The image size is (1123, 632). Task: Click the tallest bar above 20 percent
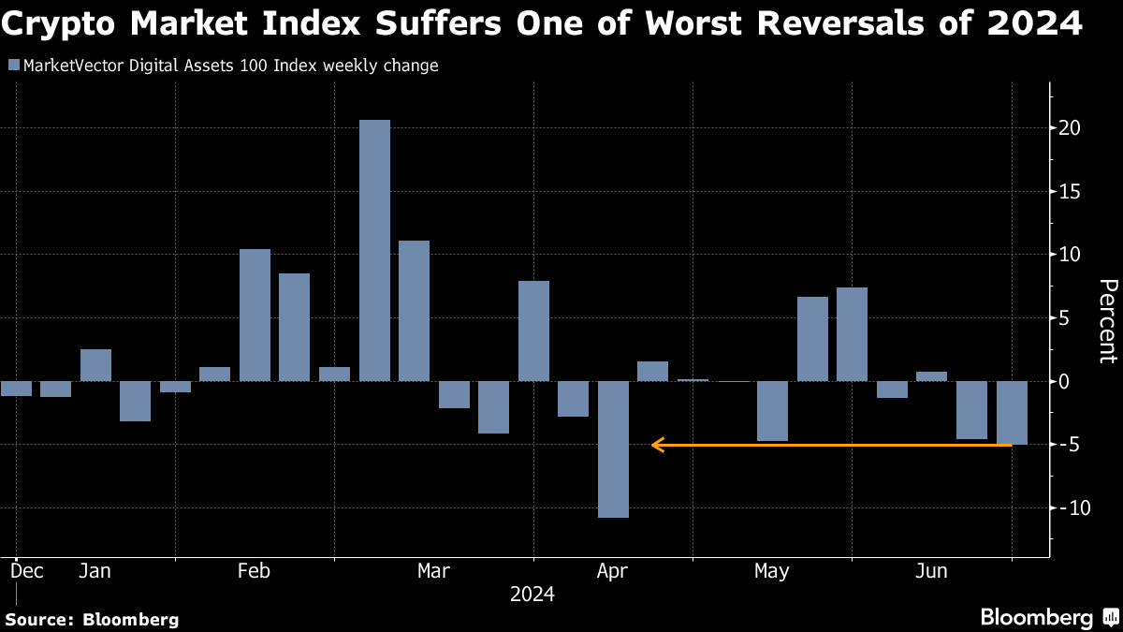click(374, 250)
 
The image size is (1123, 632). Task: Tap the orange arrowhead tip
click(653, 445)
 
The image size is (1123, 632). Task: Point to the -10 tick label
click(1067, 508)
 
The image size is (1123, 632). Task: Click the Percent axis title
click(1107, 320)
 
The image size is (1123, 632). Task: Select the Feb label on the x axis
click(255, 571)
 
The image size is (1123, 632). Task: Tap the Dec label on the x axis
click(26, 571)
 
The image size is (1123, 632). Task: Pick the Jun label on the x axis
click(931, 571)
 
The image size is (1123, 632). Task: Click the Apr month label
click(613, 571)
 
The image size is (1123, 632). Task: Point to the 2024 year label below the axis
click(532, 595)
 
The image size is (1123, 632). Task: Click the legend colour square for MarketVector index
click(12, 66)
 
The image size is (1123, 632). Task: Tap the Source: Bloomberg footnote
click(92, 619)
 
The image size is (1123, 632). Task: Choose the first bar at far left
click(16, 389)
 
